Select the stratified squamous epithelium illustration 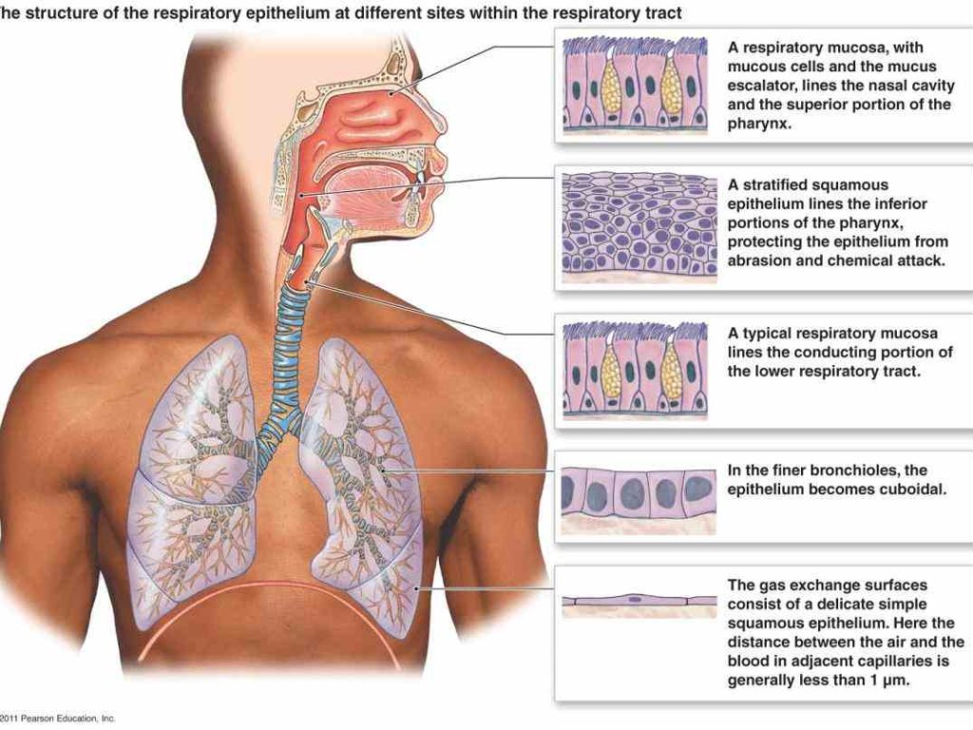[639, 228]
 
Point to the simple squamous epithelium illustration [639, 605]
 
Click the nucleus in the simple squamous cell [634, 600]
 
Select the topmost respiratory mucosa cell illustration [636, 85]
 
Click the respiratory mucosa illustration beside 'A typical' [636, 371]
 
